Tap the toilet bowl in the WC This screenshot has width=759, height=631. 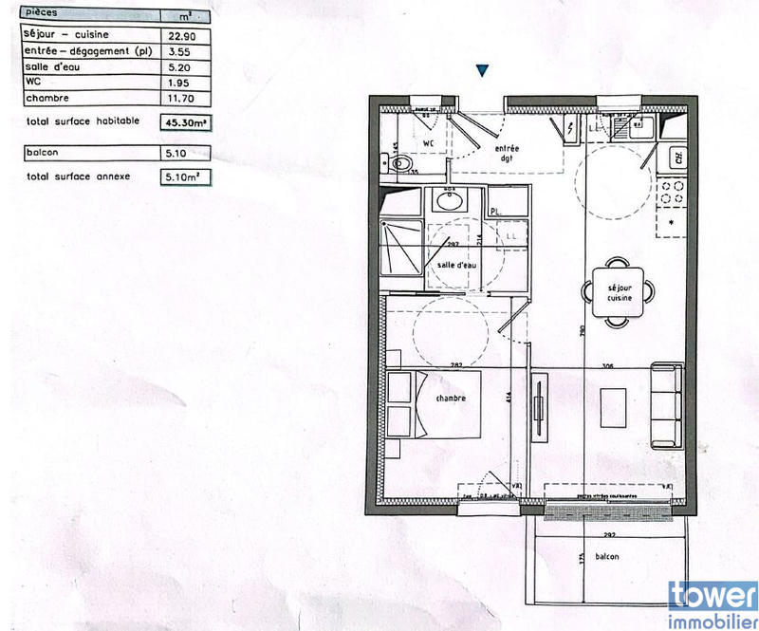[403, 163]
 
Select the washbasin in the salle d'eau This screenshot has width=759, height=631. [446, 201]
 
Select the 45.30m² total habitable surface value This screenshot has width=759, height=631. [186, 122]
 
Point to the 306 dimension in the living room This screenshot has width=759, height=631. [609, 365]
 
